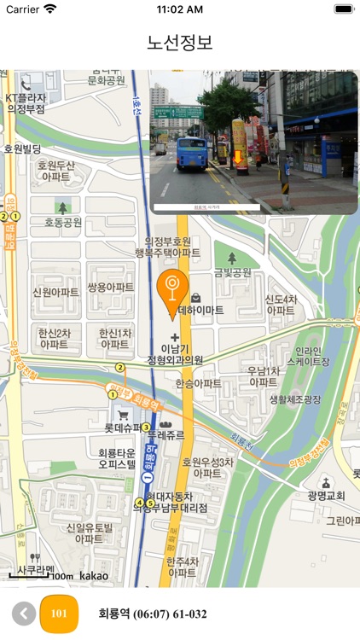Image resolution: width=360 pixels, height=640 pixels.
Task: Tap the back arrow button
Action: [24, 614]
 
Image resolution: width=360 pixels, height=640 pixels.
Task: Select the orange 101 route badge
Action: [59, 614]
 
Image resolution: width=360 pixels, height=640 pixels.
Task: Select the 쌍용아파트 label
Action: [111, 288]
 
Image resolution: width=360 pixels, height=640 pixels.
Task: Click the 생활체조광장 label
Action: [295, 399]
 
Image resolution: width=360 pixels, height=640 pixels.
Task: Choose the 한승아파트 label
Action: [198, 385]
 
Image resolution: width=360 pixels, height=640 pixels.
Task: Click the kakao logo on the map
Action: [94, 576]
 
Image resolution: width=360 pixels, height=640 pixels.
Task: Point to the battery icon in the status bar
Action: [344, 9]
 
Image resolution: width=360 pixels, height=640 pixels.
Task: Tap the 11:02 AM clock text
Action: [180, 9]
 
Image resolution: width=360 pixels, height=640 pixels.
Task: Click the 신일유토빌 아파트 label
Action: [89, 533]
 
